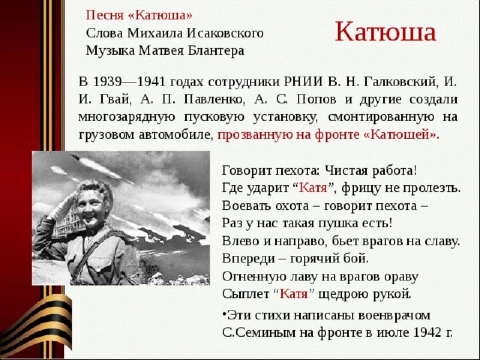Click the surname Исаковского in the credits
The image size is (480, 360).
coord(225,34)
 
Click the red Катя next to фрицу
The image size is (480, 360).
coord(313,188)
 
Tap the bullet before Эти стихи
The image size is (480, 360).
coord(224,313)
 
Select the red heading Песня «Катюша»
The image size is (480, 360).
coord(139,16)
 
